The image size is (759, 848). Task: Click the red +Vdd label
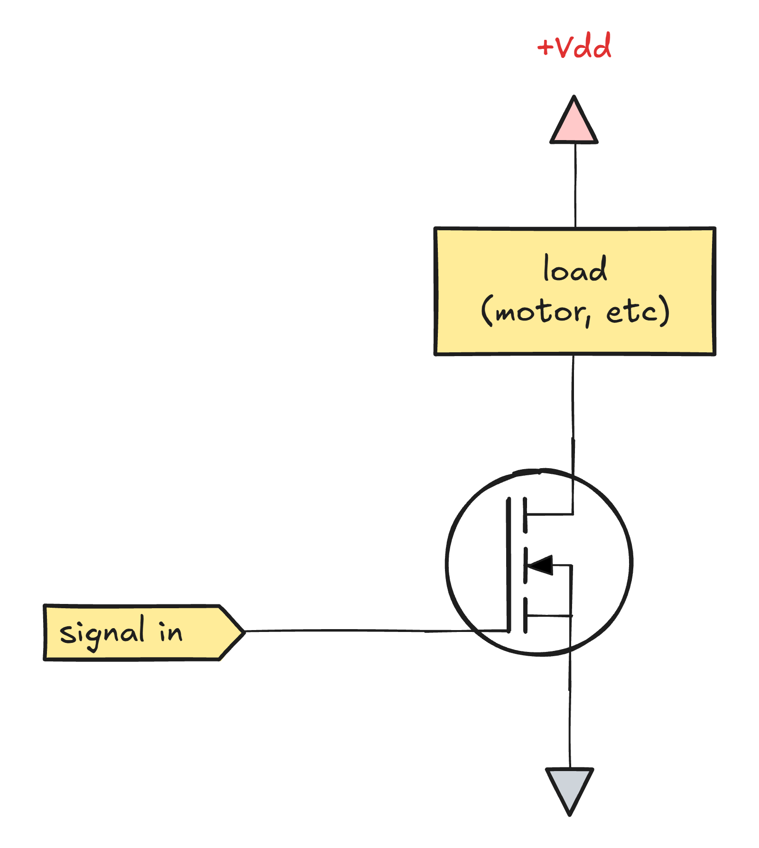tap(574, 47)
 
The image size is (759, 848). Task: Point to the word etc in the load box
tap(631, 311)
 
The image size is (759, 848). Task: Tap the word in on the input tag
tap(170, 631)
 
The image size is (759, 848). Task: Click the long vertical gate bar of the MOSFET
tap(509, 565)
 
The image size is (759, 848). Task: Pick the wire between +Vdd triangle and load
tap(575, 185)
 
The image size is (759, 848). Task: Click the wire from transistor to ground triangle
tap(570, 712)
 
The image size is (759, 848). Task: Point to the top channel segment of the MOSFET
tap(525, 515)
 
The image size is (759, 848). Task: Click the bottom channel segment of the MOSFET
tap(525, 615)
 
